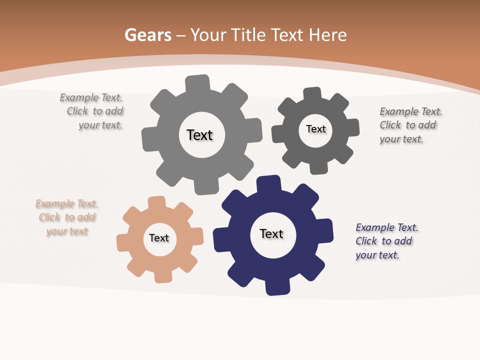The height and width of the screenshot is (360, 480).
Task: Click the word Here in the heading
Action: click(x=327, y=35)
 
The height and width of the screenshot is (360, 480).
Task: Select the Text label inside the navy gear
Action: click(x=271, y=234)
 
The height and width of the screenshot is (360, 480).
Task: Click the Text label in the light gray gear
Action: click(x=199, y=135)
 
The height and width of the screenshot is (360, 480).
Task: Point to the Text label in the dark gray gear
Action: click(x=316, y=129)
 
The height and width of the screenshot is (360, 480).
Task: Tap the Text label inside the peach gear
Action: click(x=159, y=238)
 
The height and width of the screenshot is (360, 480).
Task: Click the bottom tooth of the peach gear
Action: click(x=163, y=276)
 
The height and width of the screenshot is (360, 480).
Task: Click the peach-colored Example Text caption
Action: click(x=67, y=217)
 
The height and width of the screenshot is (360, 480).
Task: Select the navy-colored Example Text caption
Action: click(x=386, y=241)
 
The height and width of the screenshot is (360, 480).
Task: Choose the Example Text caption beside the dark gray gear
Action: click(x=410, y=125)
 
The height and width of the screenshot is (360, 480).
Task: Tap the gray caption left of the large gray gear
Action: click(x=92, y=111)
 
